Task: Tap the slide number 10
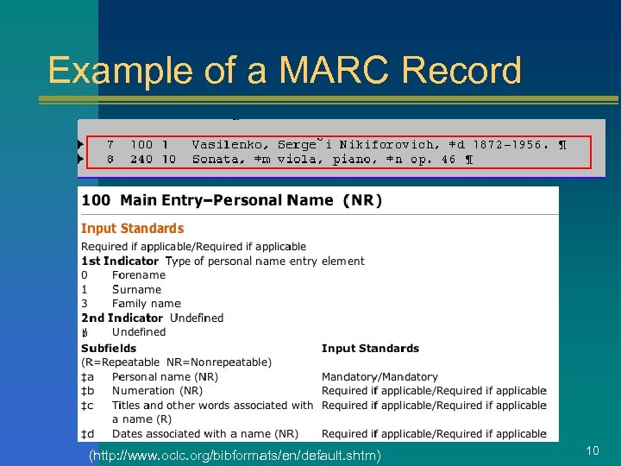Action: [x=593, y=450]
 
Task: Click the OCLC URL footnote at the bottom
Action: [x=235, y=454]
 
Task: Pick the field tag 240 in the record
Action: [x=141, y=159]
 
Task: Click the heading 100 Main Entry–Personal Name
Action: [x=231, y=200]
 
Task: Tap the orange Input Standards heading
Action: [x=132, y=229]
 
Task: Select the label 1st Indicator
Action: [x=119, y=261]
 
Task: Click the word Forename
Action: [x=138, y=275]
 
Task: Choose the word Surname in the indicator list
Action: [x=136, y=289]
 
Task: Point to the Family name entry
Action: [x=146, y=304]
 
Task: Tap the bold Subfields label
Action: [x=109, y=348]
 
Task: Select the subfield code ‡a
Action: [x=87, y=377]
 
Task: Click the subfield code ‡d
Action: [x=87, y=433]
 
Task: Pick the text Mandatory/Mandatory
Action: [x=379, y=377]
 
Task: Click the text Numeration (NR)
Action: [x=157, y=391]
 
